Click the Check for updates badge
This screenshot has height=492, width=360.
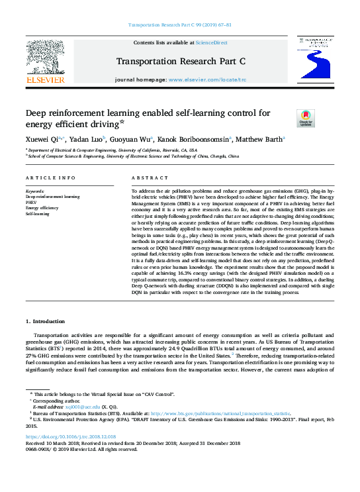tap(306, 118)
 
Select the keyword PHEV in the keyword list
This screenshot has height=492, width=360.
tap(31, 203)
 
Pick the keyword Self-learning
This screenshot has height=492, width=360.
tap(38, 214)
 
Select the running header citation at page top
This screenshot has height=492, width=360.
tap(179, 25)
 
